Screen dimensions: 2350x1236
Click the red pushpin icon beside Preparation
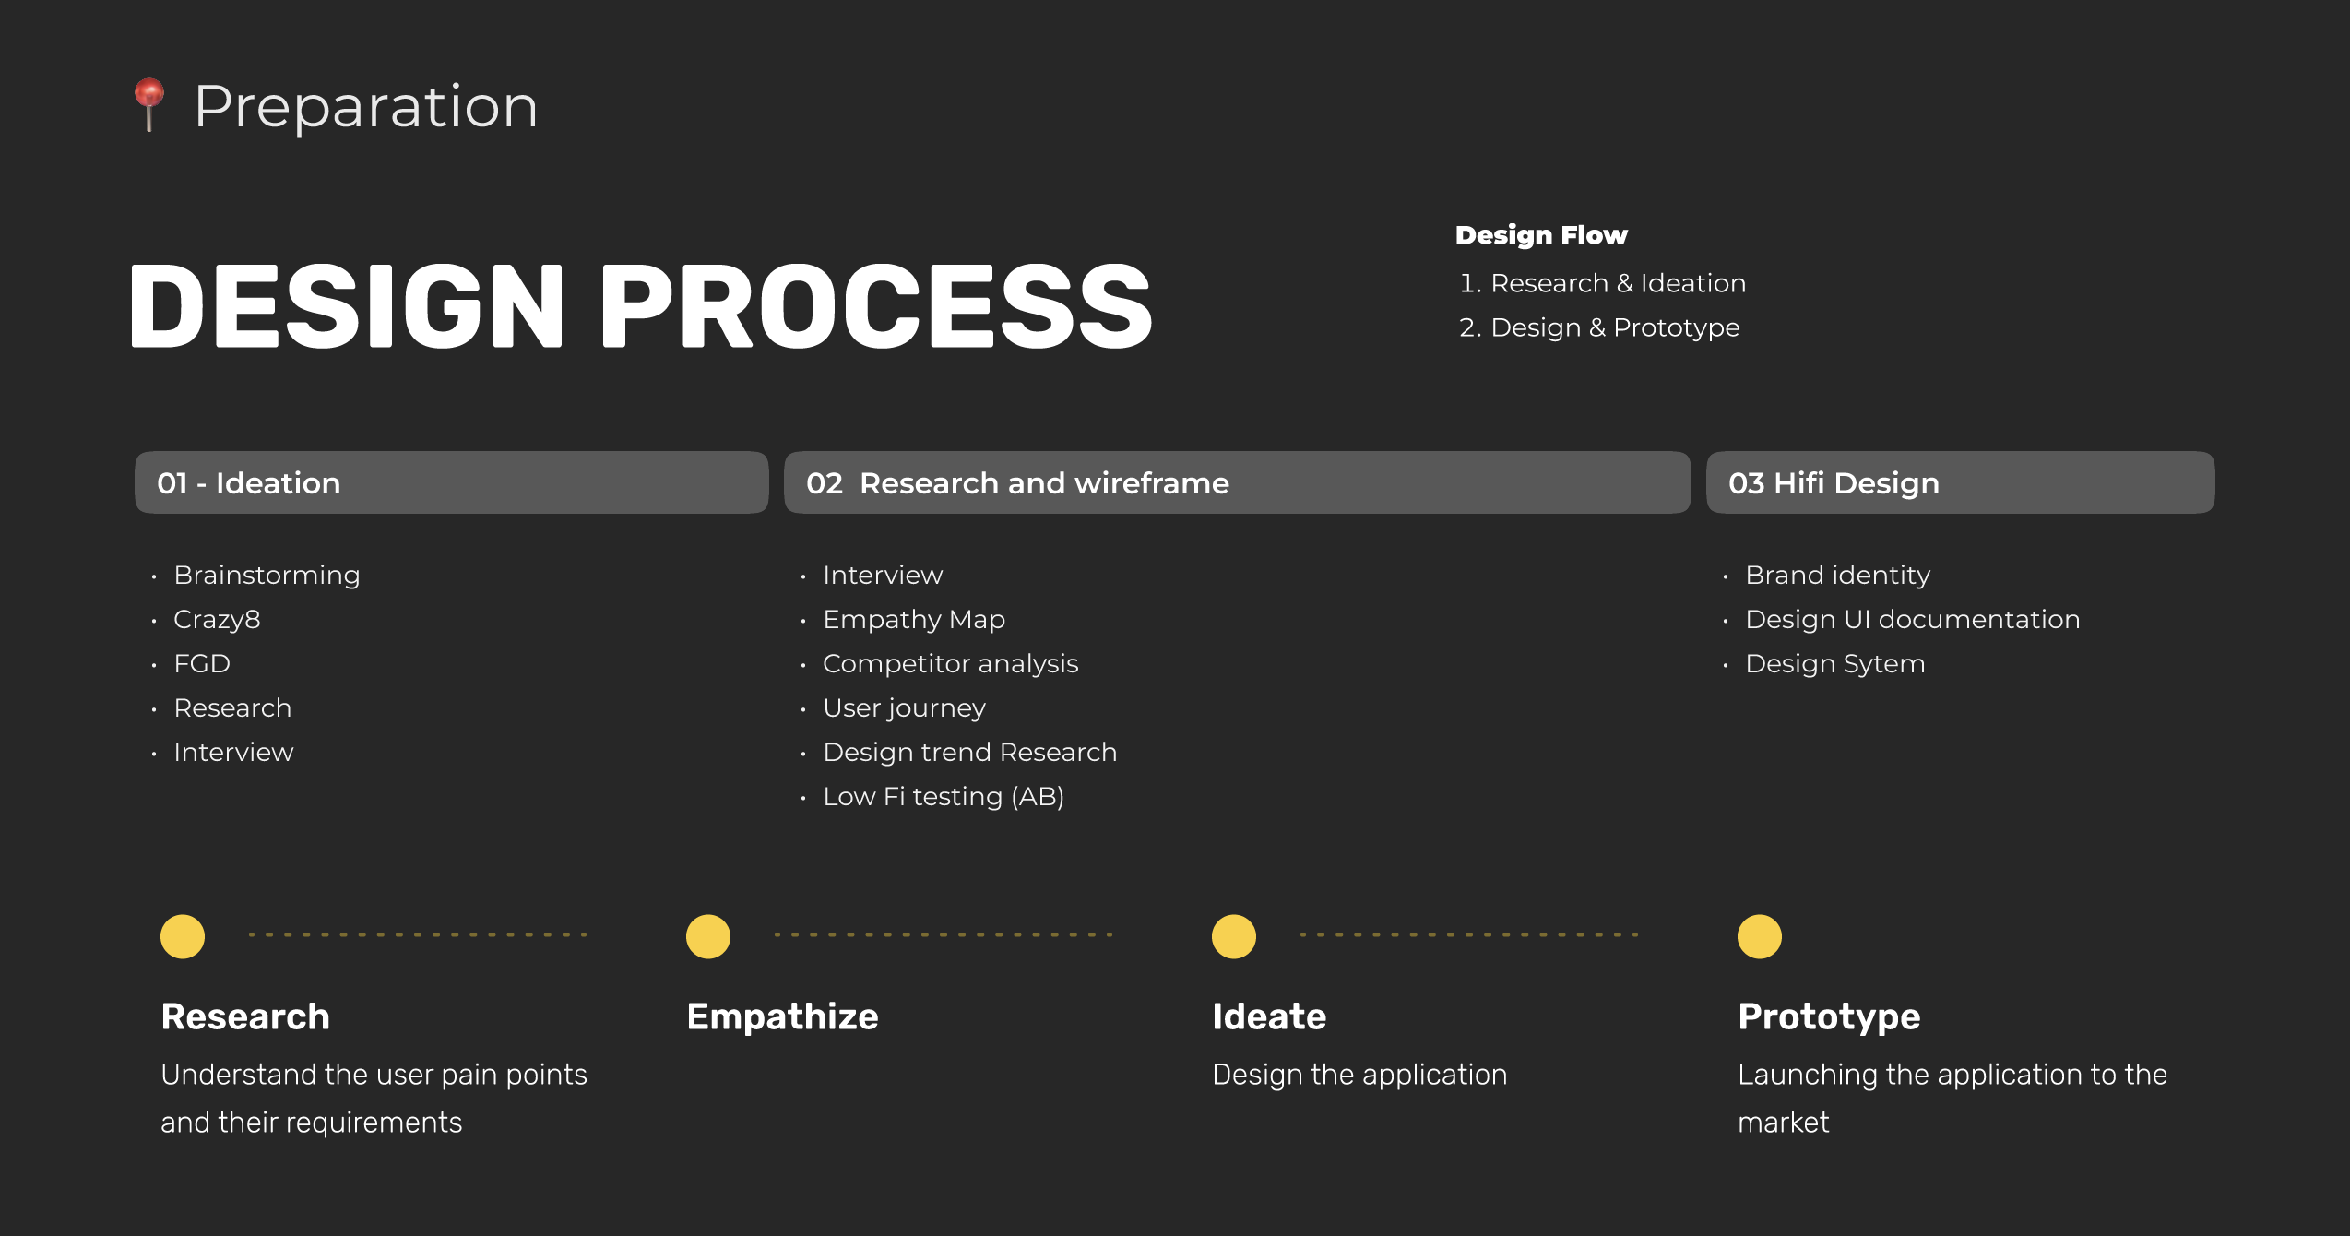(x=149, y=104)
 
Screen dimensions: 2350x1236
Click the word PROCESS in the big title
(x=876, y=305)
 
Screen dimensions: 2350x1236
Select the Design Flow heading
(x=1541, y=235)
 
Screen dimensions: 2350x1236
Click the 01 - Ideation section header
(x=451, y=482)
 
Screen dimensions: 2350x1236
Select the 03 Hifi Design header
(x=1960, y=482)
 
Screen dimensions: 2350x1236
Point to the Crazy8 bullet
(x=217, y=619)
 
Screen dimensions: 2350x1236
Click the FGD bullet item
(x=202, y=663)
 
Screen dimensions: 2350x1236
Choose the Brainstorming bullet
(x=267, y=575)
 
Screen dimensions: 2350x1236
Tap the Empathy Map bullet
(x=914, y=619)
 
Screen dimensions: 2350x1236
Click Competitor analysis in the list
(x=950, y=663)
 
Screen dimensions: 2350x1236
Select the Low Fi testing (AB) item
(x=944, y=796)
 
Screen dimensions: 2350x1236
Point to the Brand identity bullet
(x=1837, y=575)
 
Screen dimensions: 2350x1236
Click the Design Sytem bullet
(x=1835, y=663)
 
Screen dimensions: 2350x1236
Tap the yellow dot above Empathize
(x=708, y=936)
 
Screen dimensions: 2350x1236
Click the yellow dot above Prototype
(x=1760, y=936)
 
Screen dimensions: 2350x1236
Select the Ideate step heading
(x=1269, y=1016)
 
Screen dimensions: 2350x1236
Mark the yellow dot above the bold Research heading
(x=183, y=936)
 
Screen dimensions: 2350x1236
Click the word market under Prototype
(x=1783, y=1123)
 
